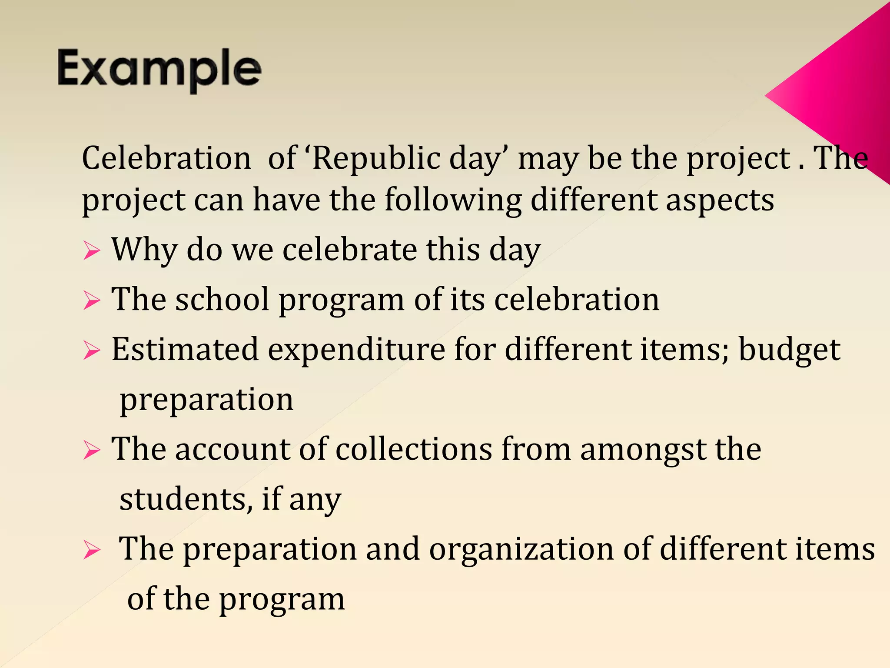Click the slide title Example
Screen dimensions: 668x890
tap(159, 70)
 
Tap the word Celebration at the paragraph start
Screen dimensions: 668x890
tap(166, 158)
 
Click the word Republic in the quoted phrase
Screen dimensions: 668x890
tap(376, 158)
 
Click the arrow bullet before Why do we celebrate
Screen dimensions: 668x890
tap(92, 251)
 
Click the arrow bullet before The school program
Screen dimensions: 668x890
tap(92, 301)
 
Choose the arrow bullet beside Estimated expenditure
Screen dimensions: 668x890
tap(92, 351)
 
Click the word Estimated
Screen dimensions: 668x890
tap(185, 350)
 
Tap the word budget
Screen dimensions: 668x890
tap(789, 351)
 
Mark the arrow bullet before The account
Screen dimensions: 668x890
tap(92, 450)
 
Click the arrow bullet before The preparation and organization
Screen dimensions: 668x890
tap(92, 550)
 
